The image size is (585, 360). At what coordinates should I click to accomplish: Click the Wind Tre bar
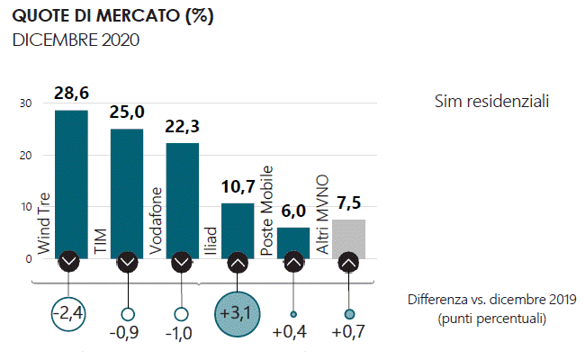pos(71,180)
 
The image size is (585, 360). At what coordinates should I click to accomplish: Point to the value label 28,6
pos(71,94)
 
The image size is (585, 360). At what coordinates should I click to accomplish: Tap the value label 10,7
pos(238,187)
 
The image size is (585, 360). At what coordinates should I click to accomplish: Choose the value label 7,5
pos(349,202)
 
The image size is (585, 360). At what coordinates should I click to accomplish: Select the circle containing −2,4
pos(71,315)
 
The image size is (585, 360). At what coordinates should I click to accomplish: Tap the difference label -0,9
pos(127,334)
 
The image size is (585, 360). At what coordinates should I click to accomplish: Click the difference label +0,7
pos(349,334)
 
